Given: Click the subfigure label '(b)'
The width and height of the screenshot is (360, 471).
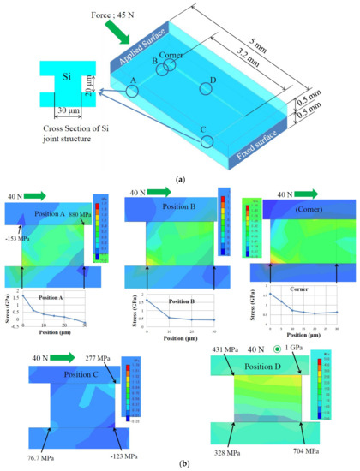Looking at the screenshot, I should click(178, 463).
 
